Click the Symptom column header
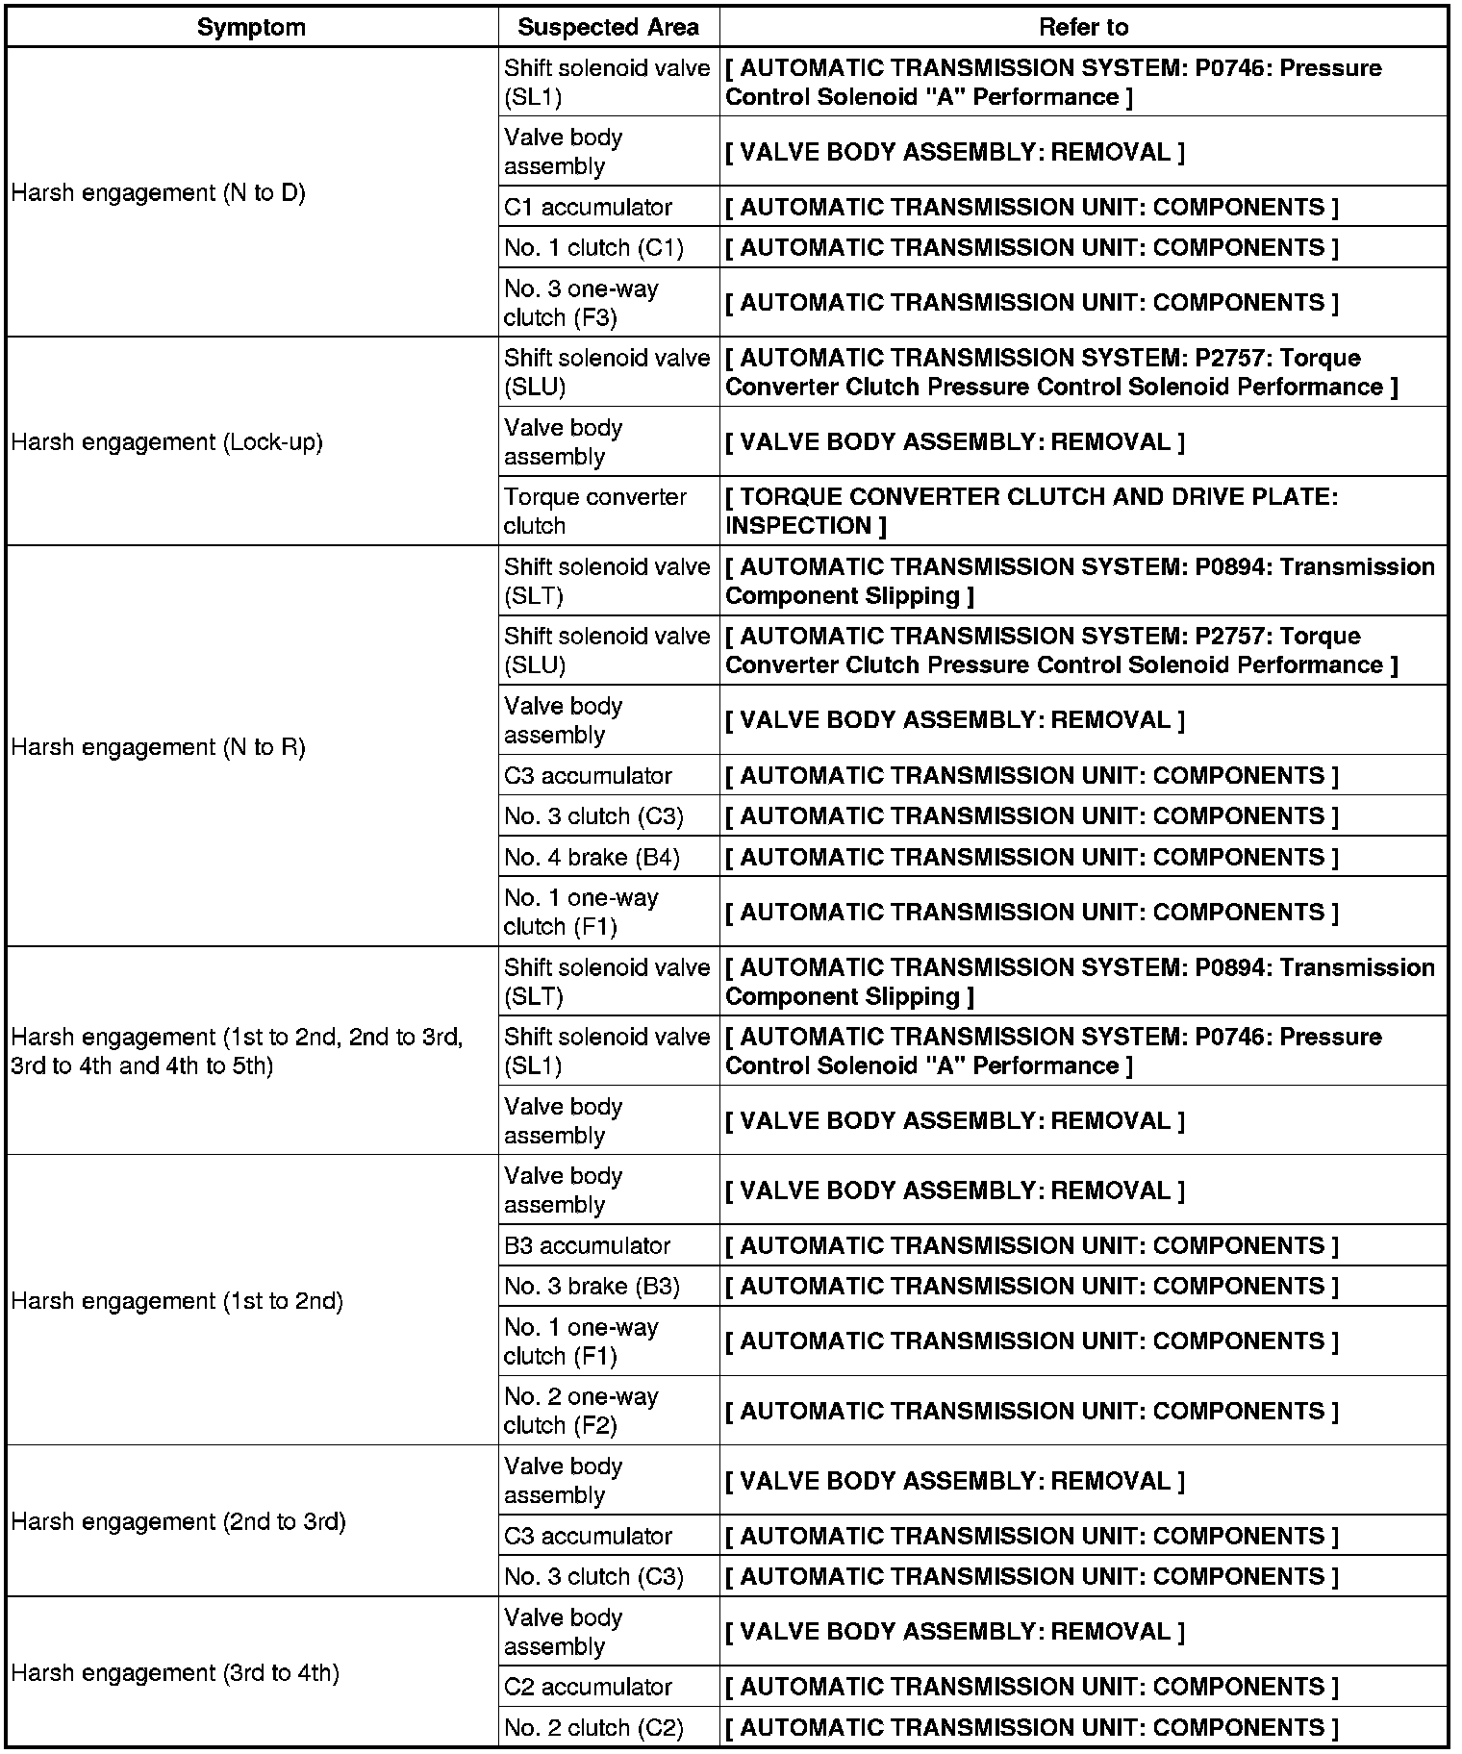coord(251,27)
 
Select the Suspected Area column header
coord(608,27)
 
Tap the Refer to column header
coord(1083,27)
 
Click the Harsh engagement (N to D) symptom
coord(159,193)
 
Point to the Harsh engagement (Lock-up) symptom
coord(167,442)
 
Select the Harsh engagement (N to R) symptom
coord(159,747)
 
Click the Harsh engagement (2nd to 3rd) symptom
coord(179,1522)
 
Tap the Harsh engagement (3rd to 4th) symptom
coord(176,1673)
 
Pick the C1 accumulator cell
coord(588,207)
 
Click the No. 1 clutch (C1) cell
coord(593,248)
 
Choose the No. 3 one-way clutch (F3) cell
coord(581,303)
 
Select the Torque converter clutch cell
coord(595,511)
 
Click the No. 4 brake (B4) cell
coord(592,857)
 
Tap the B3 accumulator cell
coord(587,1245)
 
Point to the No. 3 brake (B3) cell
coord(592,1287)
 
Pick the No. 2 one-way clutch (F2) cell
coord(581,1411)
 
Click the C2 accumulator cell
coord(588,1687)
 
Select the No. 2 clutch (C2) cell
coord(593,1728)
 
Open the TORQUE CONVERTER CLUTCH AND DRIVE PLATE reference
coord(1031,511)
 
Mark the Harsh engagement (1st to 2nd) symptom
coord(178,1301)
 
